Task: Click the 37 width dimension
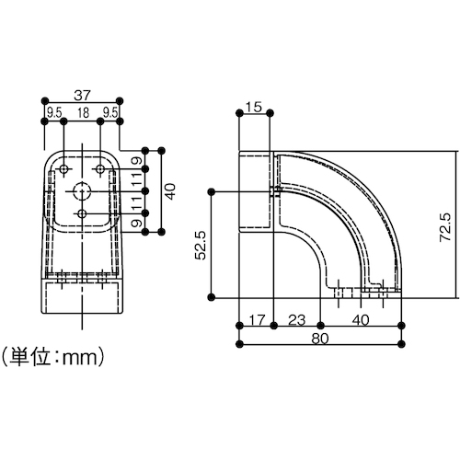[x=83, y=96]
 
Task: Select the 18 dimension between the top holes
[x=83, y=113]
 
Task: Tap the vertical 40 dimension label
[x=170, y=191]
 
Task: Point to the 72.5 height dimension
[x=445, y=227]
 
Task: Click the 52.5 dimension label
[x=201, y=246]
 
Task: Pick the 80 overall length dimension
[x=320, y=339]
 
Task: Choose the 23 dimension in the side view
[x=297, y=320]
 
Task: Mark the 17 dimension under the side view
[x=257, y=320]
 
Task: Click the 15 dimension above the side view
[x=254, y=107]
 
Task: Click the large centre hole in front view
[x=82, y=191]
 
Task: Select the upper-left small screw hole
[x=63, y=168]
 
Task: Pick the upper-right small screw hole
[x=100, y=168]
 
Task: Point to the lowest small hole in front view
[x=82, y=213]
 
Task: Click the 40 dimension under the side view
[x=361, y=320]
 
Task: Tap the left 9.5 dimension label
[x=54, y=113]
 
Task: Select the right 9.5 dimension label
[x=110, y=113]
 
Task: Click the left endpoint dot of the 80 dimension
[x=240, y=344]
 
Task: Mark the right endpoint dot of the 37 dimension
[x=120, y=100]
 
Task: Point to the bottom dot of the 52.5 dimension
[x=211, y=297]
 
